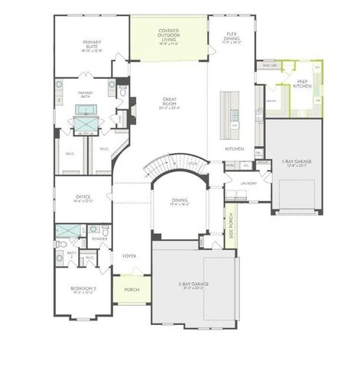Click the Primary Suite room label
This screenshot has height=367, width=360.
tap(92, 47)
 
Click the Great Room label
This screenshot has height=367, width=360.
tap(169, 102)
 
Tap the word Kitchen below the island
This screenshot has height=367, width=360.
tap(234, 148)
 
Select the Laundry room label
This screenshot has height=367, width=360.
tap(247, 183)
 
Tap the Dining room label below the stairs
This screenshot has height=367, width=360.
tap(180, 202)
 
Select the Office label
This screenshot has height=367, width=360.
tap(83, 198)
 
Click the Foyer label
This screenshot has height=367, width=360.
tap(129, 256)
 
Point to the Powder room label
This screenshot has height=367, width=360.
tap(99, 238)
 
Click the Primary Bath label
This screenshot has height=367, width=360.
tap(85, 94)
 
